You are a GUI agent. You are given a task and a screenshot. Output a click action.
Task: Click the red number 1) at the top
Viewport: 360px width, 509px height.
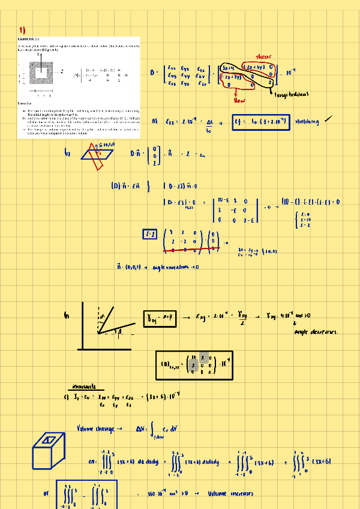(x=22, y=29)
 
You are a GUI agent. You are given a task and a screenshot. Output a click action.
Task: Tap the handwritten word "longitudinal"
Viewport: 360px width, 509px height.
(x=291, y=94)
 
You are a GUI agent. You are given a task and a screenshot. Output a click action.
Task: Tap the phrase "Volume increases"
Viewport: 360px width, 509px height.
(x=230, y=495)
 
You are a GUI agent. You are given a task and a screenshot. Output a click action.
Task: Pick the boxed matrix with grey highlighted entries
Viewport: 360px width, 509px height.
(x=195, y=365)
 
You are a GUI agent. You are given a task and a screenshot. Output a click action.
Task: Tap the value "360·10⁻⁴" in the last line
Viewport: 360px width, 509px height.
(x=160, y=495)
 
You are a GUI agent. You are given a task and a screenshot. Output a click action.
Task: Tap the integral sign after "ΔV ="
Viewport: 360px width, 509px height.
(x=155, y=430)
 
